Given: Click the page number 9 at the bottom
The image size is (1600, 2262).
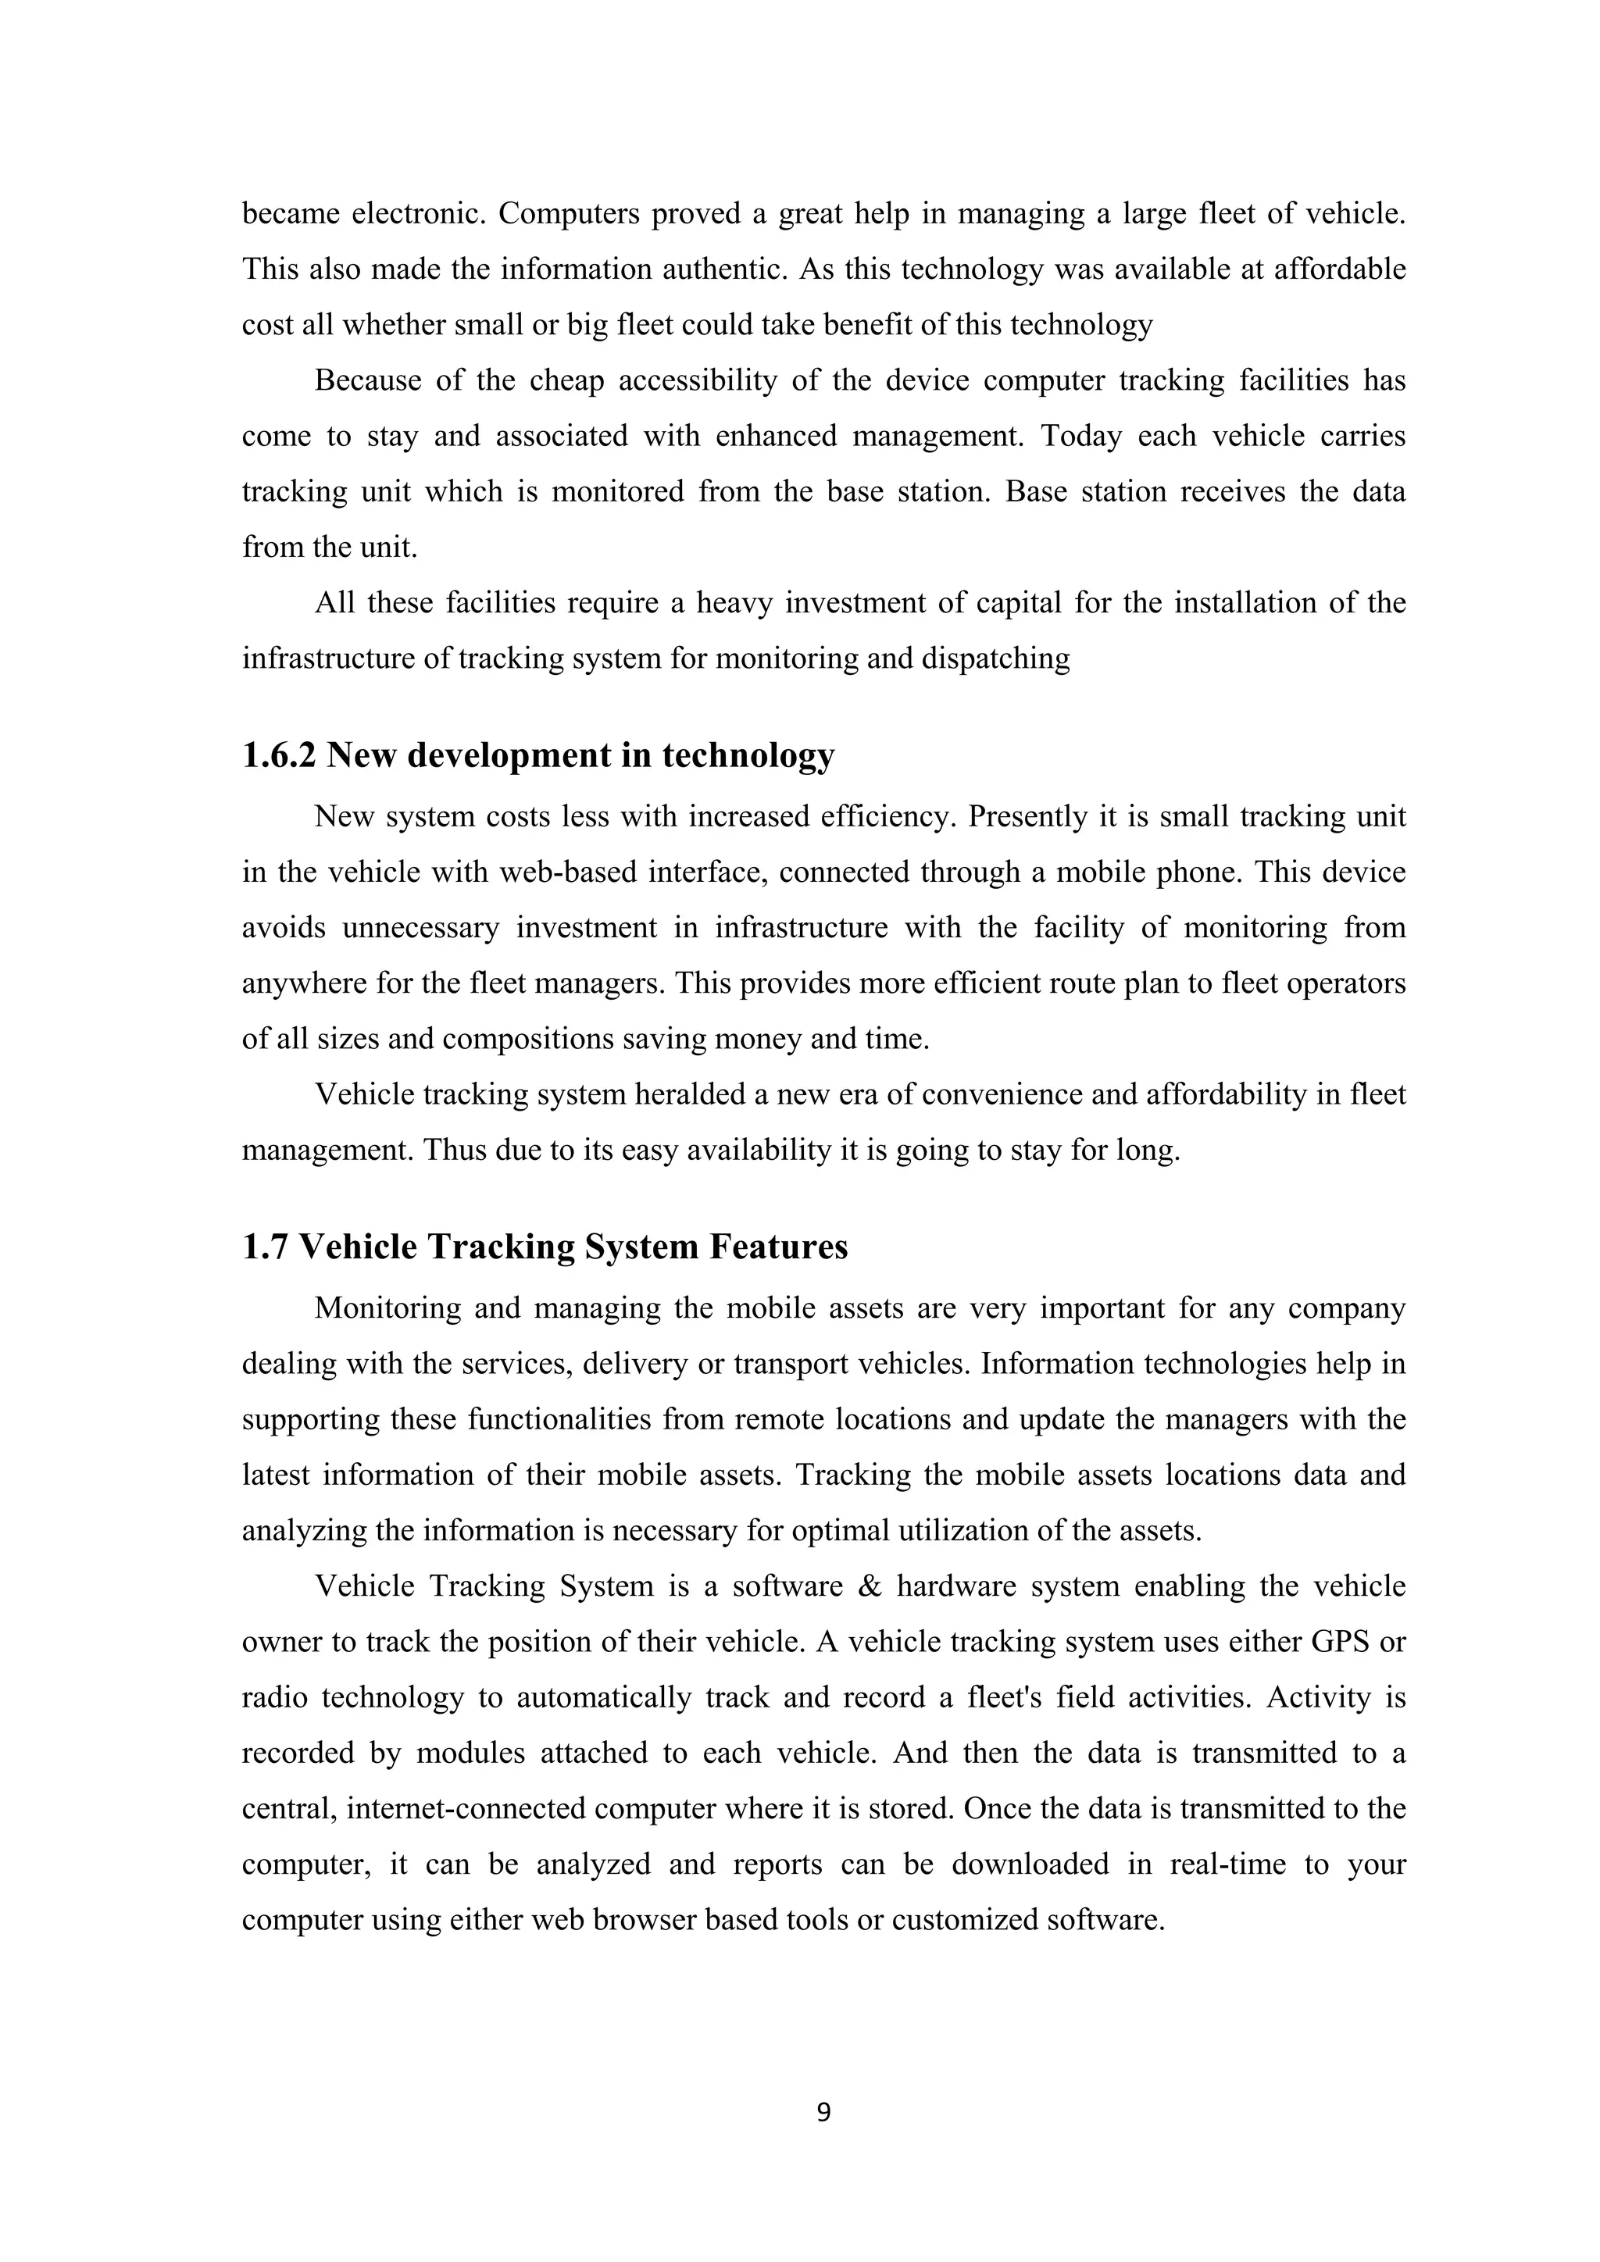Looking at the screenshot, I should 823,2112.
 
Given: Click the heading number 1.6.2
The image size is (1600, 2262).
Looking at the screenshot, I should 279,755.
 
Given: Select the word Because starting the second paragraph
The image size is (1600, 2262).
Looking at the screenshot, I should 367,380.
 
